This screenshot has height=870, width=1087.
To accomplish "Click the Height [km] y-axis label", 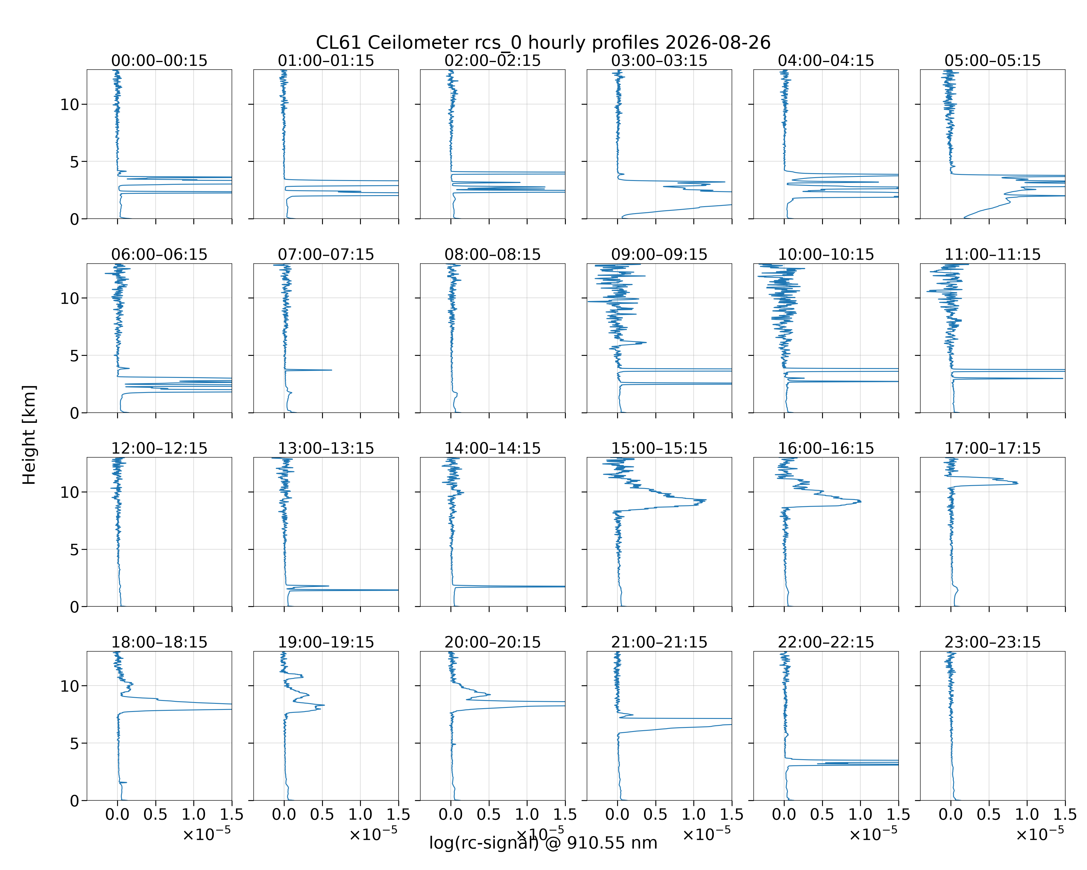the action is pyautogui.click(x=29, y=435).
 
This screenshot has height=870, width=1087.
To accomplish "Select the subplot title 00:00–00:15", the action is pyautogui.click(x=159, y=61).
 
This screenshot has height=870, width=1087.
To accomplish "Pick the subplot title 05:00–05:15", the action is pyautogui.click(x=993, y=61).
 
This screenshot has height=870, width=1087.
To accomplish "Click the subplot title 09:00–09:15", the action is pyautogui.click(x=659, y=254).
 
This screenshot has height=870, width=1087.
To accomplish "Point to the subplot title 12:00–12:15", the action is pyautogui.click(x=159, y=448).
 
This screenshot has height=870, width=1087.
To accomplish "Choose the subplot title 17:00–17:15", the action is pyautogui.click(x=993, y=448).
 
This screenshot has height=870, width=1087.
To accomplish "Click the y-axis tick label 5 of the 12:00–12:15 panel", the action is pyautogui.click(x=74, y=549).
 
